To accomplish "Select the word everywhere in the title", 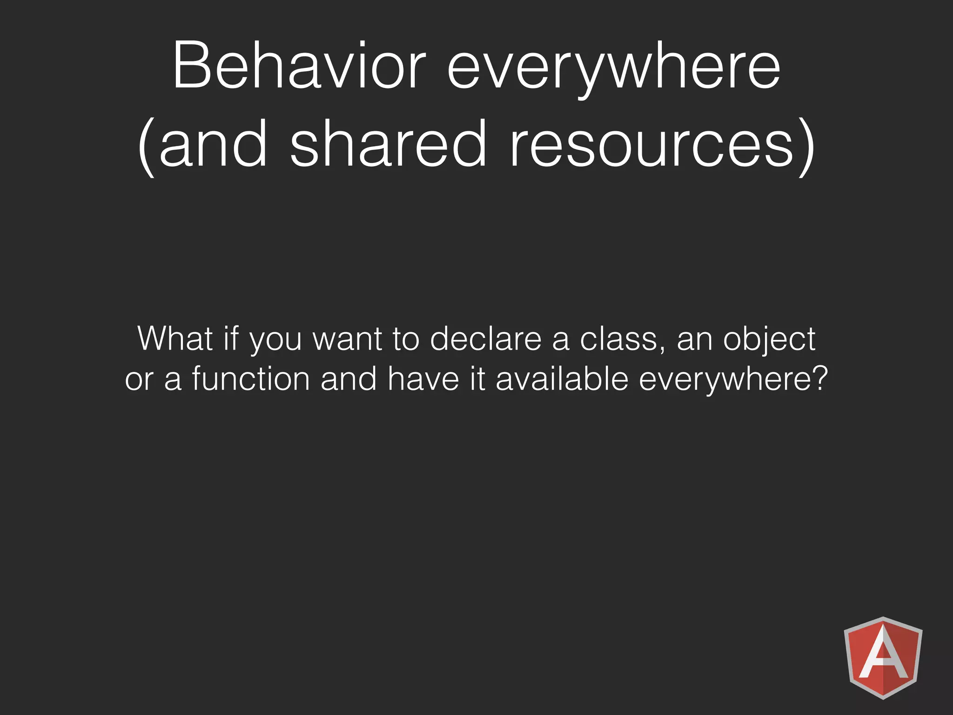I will pos(613,70).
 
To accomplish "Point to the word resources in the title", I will pos(651,144).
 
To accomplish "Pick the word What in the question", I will pos(175,338).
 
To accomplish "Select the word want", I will pos(347,339).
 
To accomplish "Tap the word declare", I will pos(486,338).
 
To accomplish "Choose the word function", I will pos(251,378).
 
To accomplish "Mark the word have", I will pos(423,378).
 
